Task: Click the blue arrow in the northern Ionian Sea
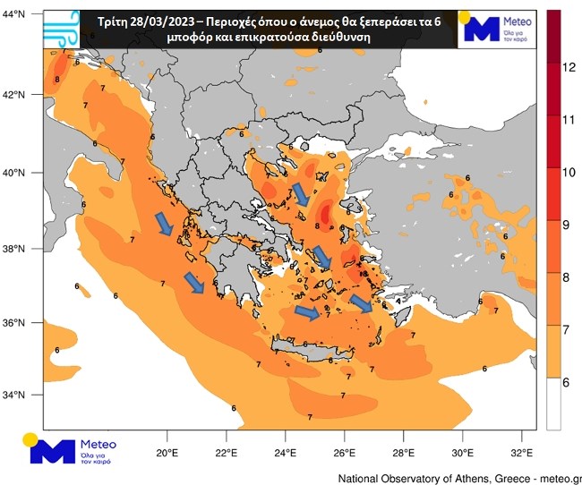(x=164, y=224)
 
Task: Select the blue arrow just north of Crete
(x=306, y=312)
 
